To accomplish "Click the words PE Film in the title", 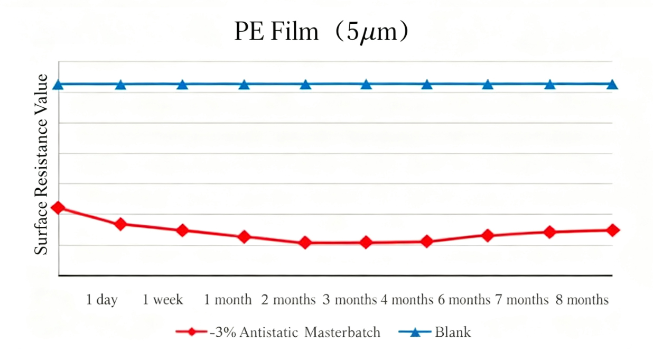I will point(277,33).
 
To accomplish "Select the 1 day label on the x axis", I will point(102,300).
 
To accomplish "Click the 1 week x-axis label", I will point(163,300).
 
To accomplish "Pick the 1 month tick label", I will point(228,300).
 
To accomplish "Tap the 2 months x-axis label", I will point(288,300).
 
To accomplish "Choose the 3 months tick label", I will point(350,300).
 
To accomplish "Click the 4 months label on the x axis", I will point(407,300).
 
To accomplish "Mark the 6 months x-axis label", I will point(464,300).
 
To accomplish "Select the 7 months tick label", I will point(521,300).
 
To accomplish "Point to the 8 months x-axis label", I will point(582,300).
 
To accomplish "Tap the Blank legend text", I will point(453,333).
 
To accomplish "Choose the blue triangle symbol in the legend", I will point(414,333).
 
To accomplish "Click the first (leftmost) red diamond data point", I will point(59,208).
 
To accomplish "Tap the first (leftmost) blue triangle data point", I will point(59,85).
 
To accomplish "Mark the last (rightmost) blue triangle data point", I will point(612,85).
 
